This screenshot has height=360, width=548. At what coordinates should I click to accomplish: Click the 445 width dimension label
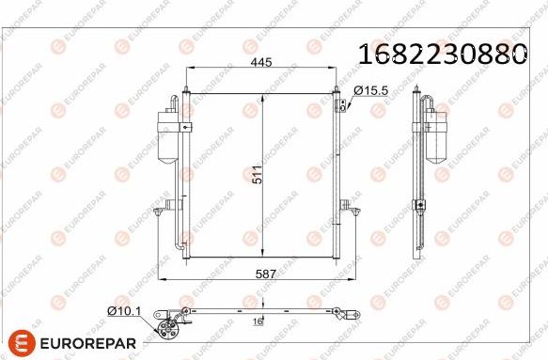pos(260,63)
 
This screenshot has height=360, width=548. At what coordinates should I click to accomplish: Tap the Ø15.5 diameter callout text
pos(370,90)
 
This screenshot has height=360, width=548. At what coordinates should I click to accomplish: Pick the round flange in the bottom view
pos(169,328)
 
